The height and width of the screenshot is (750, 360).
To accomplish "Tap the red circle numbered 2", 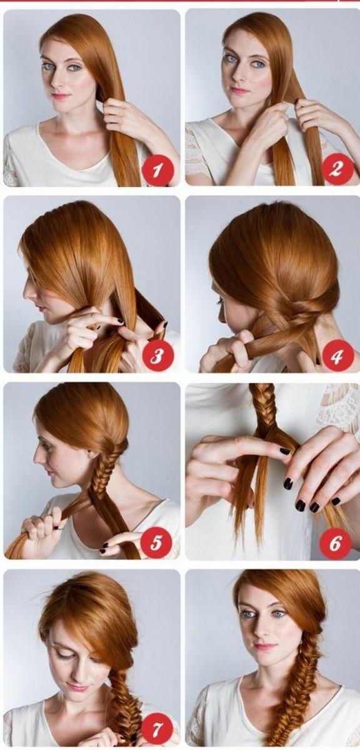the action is pyautogui.click(x=336, y=170).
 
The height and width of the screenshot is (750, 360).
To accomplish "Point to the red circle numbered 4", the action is pyautogui.click(x=336, y=356).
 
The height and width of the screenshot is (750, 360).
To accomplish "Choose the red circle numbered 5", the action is pyautogui.click(x=156, y=542).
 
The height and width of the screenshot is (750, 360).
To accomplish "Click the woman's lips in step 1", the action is pyautogui.click(x=61, y=96).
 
